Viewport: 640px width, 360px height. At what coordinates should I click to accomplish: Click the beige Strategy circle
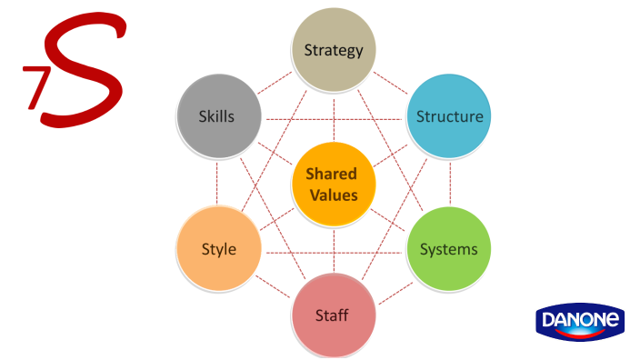coord(334,50)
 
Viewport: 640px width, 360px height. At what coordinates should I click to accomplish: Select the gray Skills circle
coord(216,116)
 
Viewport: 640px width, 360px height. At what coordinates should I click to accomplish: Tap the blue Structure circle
coord(449,116)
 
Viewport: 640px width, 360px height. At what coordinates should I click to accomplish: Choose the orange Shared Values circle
coord(333,184)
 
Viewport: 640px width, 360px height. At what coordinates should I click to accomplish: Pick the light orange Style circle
coord(218,249)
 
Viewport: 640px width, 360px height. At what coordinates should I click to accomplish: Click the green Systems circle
coord(448,249)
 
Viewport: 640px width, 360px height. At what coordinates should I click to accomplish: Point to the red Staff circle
coord(333,315)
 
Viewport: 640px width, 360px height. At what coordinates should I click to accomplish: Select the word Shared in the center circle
coord(331,174)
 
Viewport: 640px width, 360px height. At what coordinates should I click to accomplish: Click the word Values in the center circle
coord(331,194)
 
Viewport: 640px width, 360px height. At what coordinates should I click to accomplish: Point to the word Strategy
coord(334,50)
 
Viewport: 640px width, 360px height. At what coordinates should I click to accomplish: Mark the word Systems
coord(448,249)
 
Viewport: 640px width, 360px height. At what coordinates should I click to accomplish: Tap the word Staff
coord(332,315)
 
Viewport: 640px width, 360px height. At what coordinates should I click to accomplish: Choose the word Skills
coord(216,116)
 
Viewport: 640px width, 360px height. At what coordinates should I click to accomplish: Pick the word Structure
coord(449,116)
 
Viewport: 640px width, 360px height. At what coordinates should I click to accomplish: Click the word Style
coord(218,249)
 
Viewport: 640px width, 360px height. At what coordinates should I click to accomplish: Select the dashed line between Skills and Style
coord(217,182)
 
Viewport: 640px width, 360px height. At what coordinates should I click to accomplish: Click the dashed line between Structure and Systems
coord(449,182)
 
